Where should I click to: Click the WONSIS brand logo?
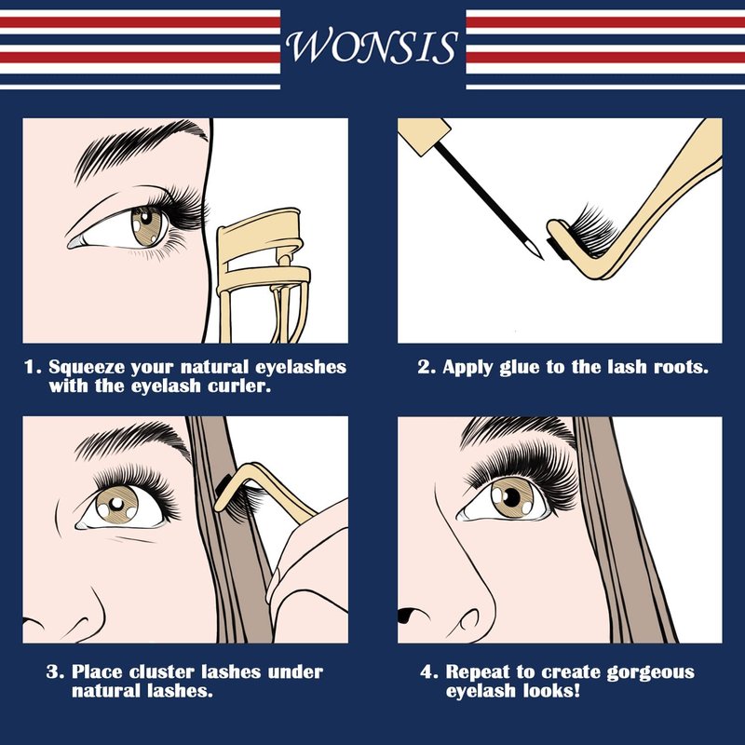(372, 47)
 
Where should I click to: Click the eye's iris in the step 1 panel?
(147, 225)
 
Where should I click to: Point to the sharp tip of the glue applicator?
(542, 258)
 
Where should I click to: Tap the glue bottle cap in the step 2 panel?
(425, 135)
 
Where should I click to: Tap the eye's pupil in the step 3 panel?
(117, 503)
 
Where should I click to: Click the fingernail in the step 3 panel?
(273, 585)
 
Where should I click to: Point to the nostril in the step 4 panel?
(408, 616)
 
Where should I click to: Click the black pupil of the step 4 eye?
(511, 497)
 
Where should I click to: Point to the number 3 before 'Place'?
(52, 672)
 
